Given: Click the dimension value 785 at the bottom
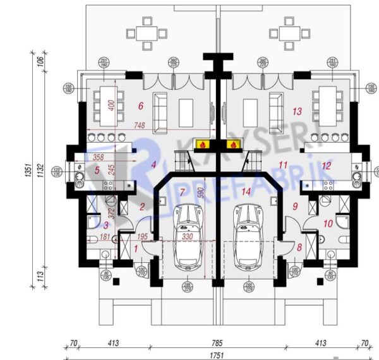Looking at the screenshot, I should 217,343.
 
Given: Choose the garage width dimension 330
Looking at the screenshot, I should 188,236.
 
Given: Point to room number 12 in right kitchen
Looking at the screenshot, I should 326,166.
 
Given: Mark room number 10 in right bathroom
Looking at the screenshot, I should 327,222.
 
